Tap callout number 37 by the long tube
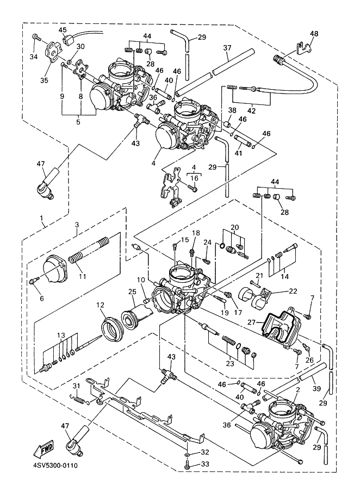(227, 47)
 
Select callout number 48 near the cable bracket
(314, 33)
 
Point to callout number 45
(63, 30)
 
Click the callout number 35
(45, 80)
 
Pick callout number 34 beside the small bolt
(34, 57)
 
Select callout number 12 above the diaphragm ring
(101, 306)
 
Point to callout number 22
(293, 291)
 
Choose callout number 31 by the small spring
(77, 386)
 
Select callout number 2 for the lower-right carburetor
(297, 390)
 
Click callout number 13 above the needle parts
(61, 334)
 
